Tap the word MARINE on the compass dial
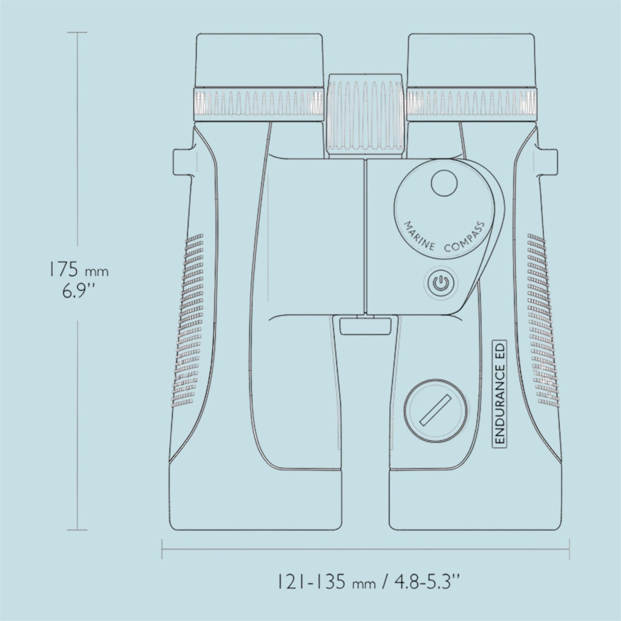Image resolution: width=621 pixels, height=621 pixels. (419, 237)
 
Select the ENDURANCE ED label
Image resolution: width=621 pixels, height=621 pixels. (500, 392)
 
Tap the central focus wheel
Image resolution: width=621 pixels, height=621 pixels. (365, 113)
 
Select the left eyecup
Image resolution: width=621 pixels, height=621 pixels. (260, 60)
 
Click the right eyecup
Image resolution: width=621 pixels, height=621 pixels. (471, 60)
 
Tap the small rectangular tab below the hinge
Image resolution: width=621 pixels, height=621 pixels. (364, 326)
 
